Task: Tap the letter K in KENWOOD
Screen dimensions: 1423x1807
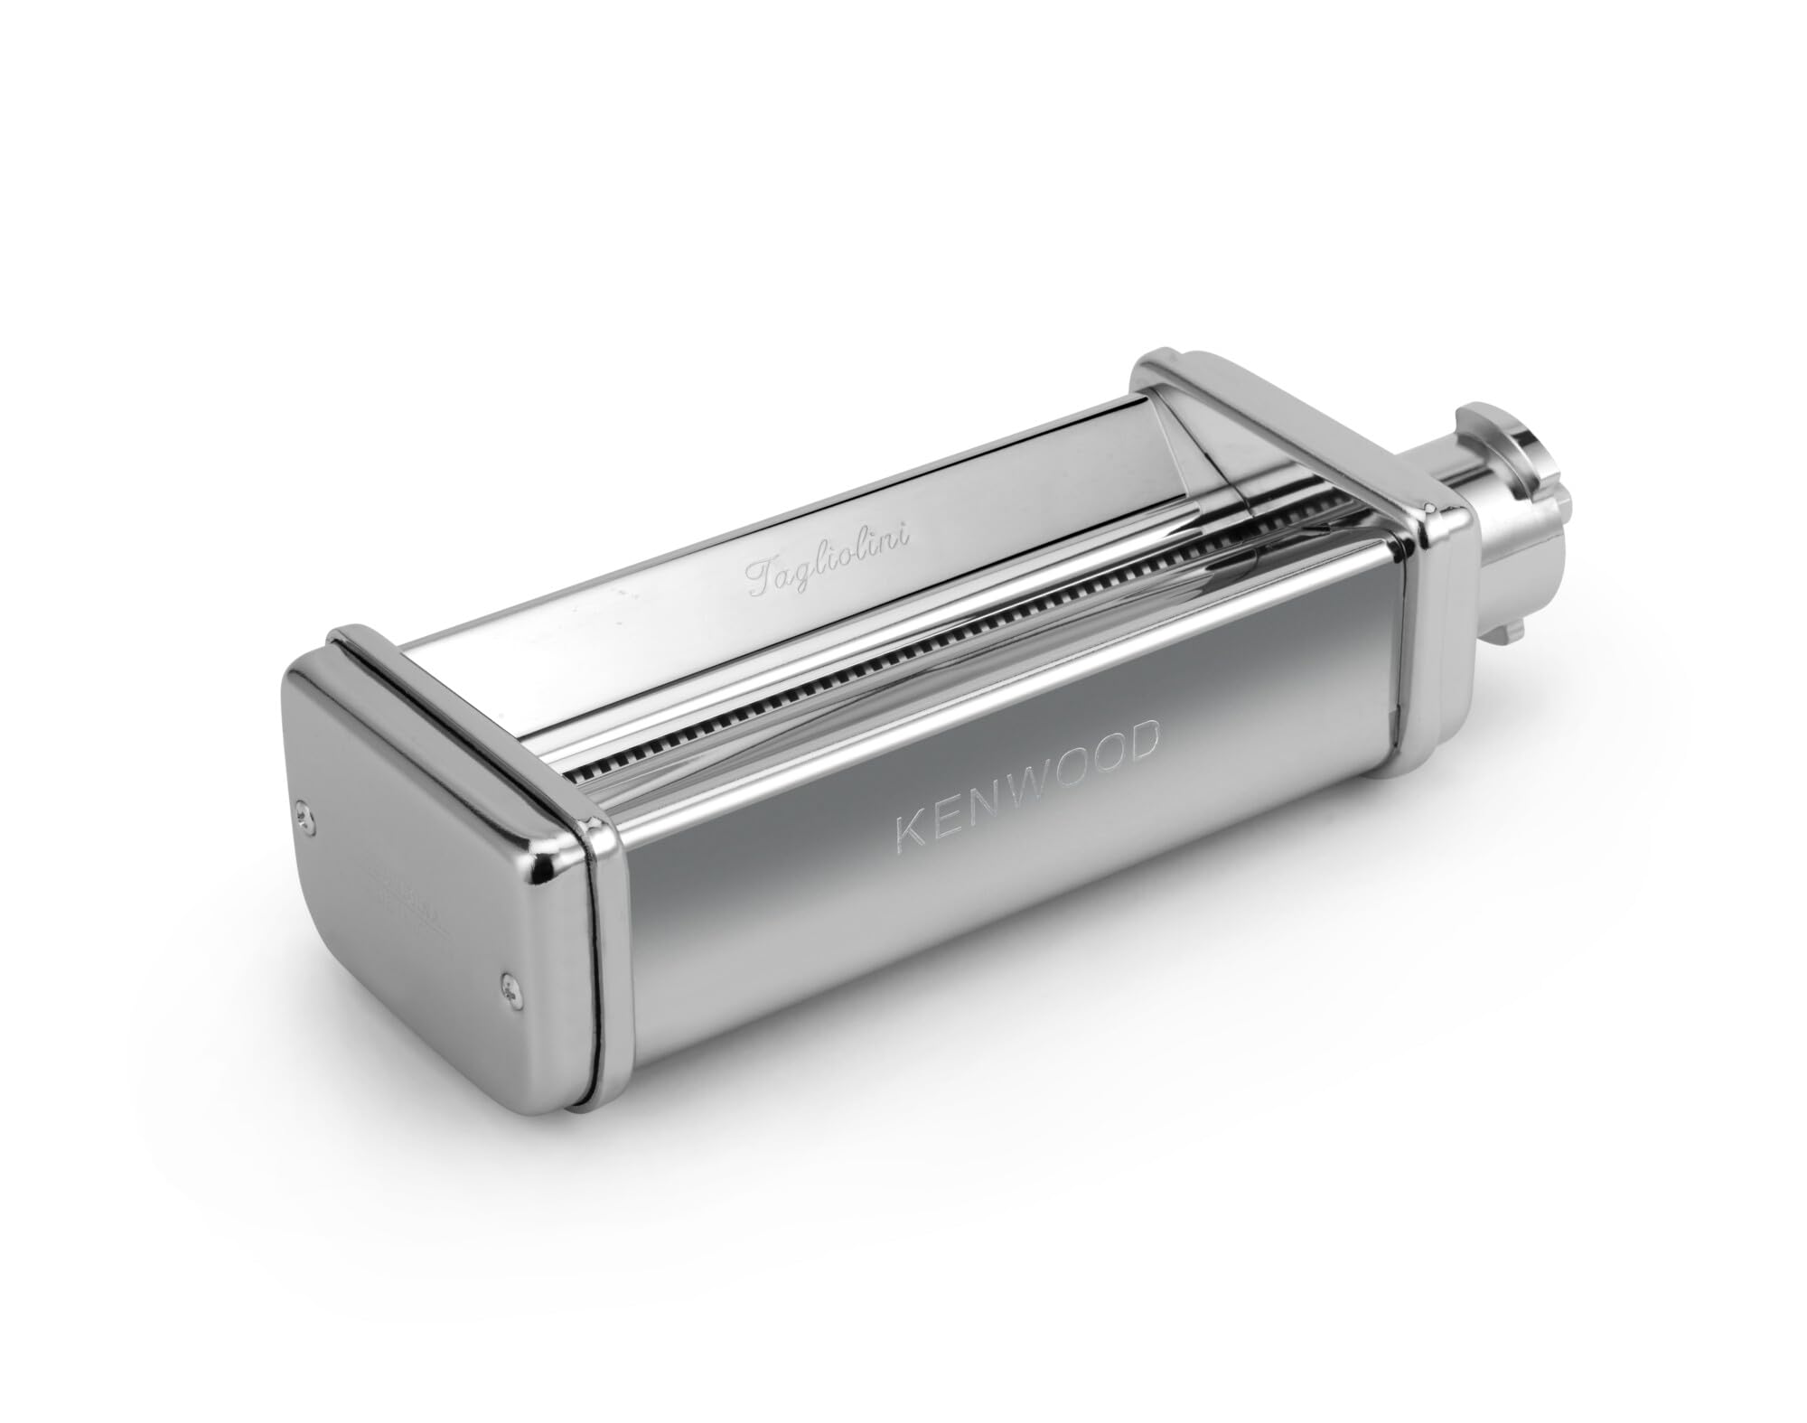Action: pos(907,829)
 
